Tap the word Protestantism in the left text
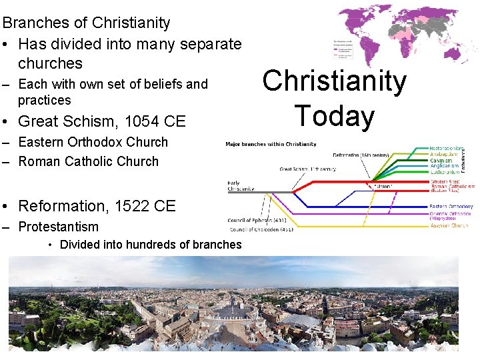[58, 227]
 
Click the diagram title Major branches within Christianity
[271, 144]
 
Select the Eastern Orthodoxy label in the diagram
[451, 207]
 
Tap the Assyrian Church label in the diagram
[449, 225]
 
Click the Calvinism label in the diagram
[441, 161]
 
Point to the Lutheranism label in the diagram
[445, 172]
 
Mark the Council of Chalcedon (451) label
[261, 229]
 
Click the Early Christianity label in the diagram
[241, 186]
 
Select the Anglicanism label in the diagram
[444, 166]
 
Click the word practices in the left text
[44, 100]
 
